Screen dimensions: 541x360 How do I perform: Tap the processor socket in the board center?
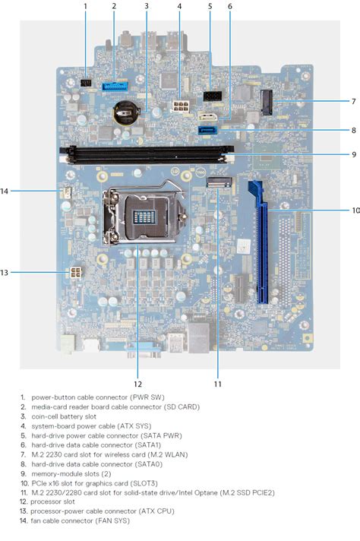point(145,216)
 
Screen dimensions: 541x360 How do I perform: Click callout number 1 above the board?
point(85,6)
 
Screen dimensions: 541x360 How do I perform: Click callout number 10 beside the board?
point(355,210)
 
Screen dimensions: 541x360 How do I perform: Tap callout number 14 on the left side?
point(5,191)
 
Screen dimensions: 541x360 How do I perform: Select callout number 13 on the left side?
point(5,272)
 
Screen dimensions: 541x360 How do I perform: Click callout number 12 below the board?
point(138,383)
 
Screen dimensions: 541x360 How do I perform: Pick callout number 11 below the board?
point(217,383)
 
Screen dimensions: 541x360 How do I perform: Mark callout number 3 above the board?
point(146,6)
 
